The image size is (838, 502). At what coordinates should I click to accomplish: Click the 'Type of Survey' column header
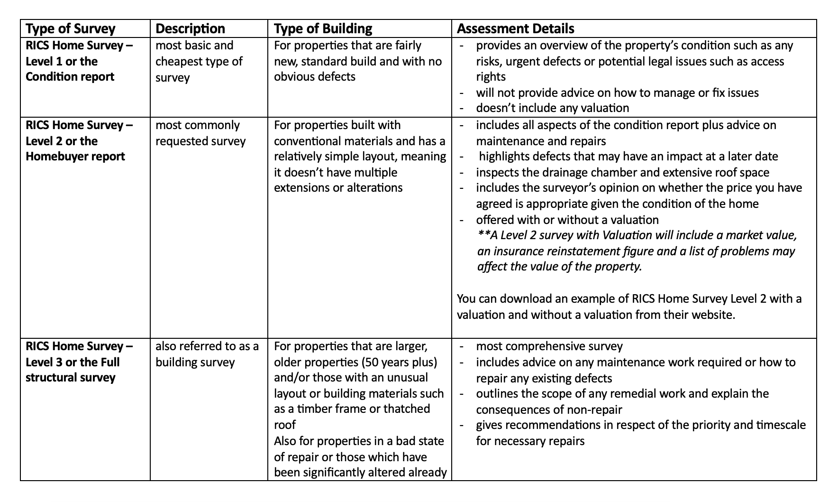71,28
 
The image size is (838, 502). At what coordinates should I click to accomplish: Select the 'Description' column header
190,28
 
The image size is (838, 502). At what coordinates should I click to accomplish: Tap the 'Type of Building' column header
323,28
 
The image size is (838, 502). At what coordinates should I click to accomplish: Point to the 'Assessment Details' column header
515,28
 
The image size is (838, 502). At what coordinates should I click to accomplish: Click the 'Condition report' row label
70,77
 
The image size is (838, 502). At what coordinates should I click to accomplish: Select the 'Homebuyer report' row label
75,157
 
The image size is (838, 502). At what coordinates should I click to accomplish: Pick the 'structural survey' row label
70,378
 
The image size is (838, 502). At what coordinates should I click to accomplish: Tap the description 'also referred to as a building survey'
207,354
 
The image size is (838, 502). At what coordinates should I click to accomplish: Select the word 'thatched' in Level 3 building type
407,409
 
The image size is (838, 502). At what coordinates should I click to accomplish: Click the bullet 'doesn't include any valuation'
552,108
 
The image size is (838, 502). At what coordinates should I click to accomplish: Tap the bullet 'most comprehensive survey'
549,346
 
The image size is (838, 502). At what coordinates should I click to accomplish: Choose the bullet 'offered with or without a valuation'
567,220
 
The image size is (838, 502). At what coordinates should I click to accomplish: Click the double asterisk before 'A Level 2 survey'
483,235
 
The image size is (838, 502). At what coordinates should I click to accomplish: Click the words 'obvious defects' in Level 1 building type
314,77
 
